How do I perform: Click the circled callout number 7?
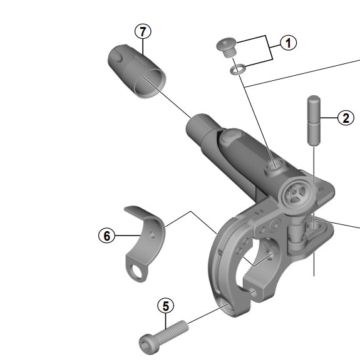pos(143,31)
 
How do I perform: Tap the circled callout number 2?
pos(345,117)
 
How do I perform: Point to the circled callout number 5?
pos(165,306)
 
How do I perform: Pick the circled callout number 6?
pos(107,236)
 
